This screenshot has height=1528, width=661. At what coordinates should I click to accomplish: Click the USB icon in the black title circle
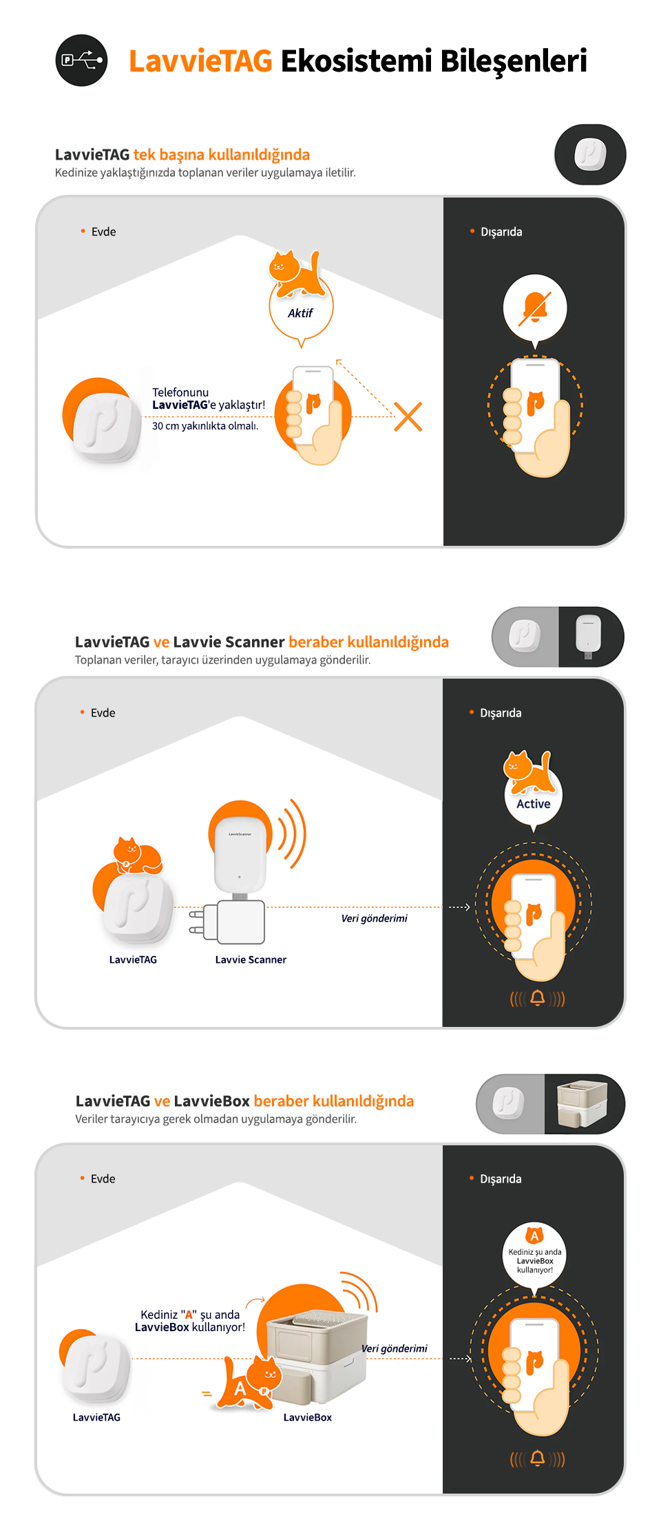[x=82, y=60]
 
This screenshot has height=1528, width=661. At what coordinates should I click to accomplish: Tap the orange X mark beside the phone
[x=408, y=416]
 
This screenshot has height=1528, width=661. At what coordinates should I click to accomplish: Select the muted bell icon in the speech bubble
[x=535, y=308]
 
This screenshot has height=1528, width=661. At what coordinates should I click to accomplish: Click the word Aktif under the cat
[x=300, y=313]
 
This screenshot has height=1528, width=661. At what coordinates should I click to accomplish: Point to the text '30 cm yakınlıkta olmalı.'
[x=205, y=426]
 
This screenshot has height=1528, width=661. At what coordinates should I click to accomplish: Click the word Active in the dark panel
[x=534, y=804]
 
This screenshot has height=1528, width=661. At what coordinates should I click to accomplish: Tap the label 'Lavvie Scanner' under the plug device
[x=251, y=959]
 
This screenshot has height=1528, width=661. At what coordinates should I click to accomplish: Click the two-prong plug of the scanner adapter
[x=197, y=922]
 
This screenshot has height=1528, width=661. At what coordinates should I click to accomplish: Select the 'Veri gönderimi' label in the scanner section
[x=375, y=918]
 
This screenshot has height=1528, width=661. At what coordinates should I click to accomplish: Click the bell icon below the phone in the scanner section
[x=538, y=997]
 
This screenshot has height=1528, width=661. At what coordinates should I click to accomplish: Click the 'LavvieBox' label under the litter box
[x=308, y=1417]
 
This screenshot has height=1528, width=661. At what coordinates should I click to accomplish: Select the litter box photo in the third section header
[x=583, y=1103]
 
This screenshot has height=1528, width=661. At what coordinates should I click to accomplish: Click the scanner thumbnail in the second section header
[x=589, y=637]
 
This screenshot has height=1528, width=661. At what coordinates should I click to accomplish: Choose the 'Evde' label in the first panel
[x=103, y=232]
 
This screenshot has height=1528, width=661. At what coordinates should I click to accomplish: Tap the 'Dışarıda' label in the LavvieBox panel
[x=501, y=1179]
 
